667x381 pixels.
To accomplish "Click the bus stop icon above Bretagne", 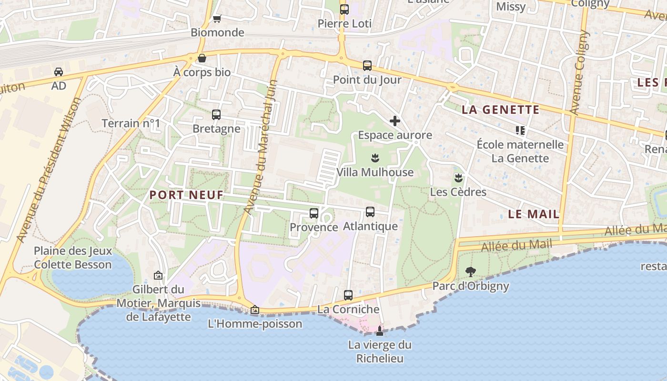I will pos(216,115).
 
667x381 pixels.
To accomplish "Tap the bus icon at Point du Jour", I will pos(367,66).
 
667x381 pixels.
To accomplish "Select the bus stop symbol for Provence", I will pos(313,213).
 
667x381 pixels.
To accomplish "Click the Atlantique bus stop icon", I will pos(370,212).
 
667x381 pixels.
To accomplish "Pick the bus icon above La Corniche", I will pos(348,295).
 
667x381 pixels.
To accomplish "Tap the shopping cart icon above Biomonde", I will pos(217,19).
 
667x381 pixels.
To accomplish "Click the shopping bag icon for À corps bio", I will pos(202,58).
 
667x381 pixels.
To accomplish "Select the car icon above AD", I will pos(59,72).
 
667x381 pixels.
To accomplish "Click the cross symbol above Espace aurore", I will pos(395,121).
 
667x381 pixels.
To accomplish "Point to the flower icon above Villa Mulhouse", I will pos(375,158).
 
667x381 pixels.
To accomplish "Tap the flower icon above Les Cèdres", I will pos(458,178).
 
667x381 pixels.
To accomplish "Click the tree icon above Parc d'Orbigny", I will pos(471,272).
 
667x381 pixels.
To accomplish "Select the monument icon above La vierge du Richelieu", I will pos(380,331).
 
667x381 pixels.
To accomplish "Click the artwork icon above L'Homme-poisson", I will pos(255,310).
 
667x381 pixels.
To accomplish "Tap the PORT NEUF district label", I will pos(186,195).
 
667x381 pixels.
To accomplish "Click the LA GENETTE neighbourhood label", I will pos(501,110).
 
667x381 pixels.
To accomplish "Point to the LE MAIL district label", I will pos(534,214).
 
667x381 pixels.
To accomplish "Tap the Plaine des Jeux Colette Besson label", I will pos(73,258).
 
